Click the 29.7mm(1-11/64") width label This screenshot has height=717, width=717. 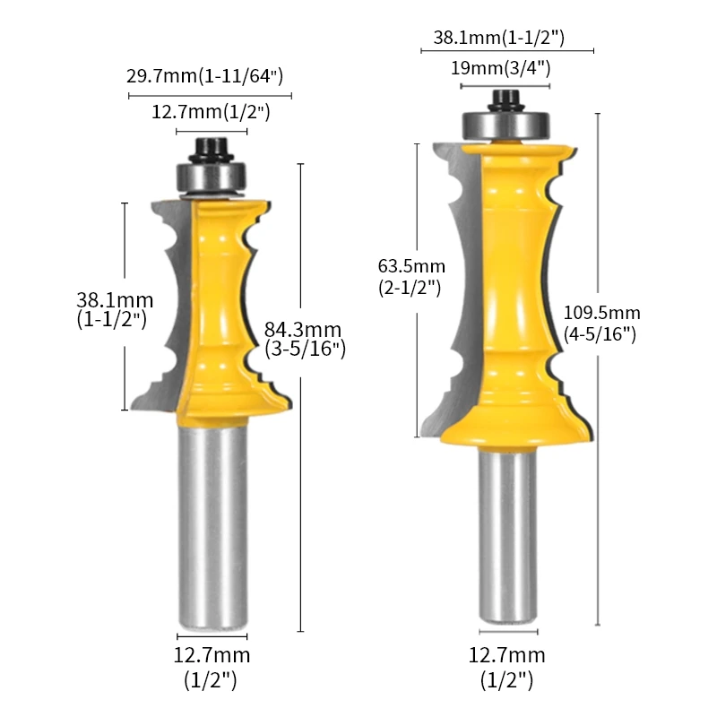coord(205,75)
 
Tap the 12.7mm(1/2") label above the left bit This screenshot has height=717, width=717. coord(211,111)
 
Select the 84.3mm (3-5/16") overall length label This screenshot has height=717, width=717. coord(305,339)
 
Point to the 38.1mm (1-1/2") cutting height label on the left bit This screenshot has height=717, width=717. coord(115,309)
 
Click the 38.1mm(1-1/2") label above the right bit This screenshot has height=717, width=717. coord(499,37)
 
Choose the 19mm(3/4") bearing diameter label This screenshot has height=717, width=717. coord(501,68)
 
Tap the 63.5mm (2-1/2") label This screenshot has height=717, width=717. coord(411,277)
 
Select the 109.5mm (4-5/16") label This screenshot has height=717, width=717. coord(601,324)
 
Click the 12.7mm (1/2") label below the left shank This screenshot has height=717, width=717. coord(212,668)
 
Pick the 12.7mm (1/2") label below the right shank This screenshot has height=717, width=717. coord(507,668)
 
